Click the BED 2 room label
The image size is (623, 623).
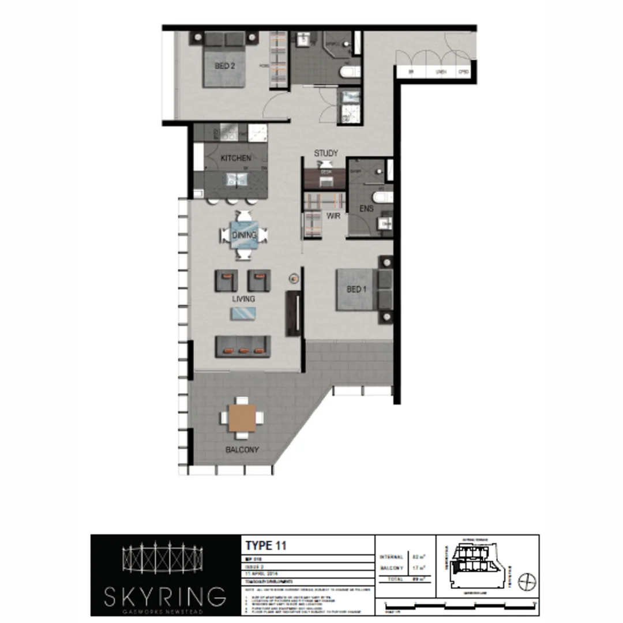click(x=225, y=66)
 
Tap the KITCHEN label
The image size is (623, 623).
click(x=235, y=158)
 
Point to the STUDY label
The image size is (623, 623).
click(x=326, y=153)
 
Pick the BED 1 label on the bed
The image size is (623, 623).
click(x=356, y=289)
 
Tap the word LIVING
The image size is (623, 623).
click(x=243, y=299)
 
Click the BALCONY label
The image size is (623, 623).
click(x=242, y=450)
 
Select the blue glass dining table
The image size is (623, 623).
click(x=243, y=235)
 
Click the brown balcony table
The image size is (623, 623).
click(x=242, y=418)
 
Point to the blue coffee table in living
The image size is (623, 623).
click(x=243, y=313)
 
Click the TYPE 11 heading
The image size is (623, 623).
click(x=266, y=545)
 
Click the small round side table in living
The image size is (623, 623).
click(x=294, y=279)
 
